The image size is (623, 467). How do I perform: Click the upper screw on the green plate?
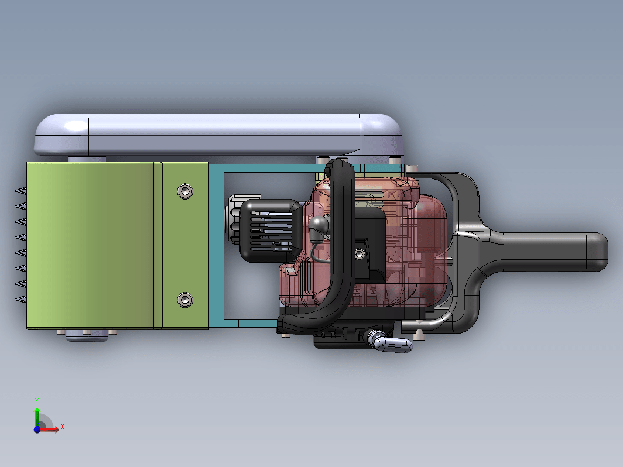(x=185, y=191)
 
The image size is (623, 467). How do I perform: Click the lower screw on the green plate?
(x=185, y=300)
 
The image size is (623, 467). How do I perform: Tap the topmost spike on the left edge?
(x=20, y=191)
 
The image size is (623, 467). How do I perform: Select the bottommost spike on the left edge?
(x=20, y=299)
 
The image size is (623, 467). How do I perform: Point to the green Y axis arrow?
(x=37, y=417)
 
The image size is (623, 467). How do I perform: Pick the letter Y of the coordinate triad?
(x=36, y=401)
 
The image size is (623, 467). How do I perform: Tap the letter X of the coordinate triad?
(x=63, y=427)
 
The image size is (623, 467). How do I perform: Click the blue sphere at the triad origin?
(x=37, y=430)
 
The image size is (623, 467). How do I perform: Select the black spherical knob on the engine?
(x=319, y=225)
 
